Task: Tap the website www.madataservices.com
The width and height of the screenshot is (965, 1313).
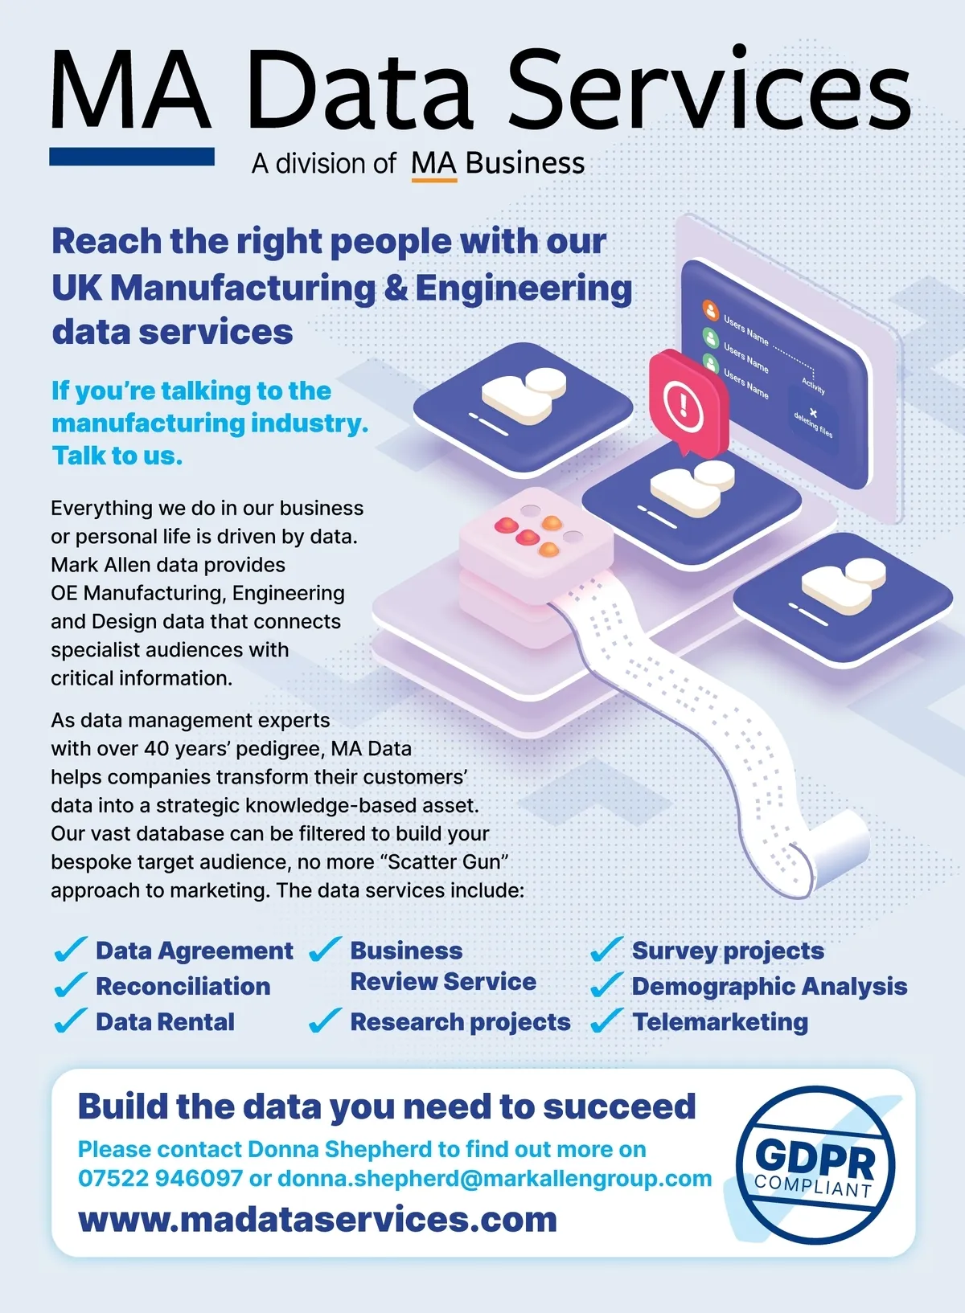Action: [318, 1219]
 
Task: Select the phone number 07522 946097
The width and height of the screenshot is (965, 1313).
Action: [160, 1177]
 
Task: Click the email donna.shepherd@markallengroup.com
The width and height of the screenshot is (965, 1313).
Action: [495, 1178]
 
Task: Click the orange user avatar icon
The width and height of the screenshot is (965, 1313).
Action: [710, 310]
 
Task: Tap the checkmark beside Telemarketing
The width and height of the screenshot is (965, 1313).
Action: [606, 1021]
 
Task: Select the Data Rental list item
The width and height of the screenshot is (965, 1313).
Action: [165, 1021]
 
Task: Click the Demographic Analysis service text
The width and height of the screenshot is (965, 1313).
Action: [769, 987]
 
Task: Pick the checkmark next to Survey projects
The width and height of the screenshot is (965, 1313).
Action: [606, 950]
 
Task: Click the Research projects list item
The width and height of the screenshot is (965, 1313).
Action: [460, 1022]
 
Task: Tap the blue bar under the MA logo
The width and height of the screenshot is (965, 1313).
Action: [132, 157]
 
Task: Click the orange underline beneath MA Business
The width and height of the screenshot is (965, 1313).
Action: [434, 181]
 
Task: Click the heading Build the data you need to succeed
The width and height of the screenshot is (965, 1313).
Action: [387, 1106]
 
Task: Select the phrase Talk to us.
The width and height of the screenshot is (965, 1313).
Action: [117, 456]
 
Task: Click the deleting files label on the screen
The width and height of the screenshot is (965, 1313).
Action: [814, 424]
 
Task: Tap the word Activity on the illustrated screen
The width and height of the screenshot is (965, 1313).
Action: [814, 386]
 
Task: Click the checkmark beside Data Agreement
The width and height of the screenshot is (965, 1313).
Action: [71, 950]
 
